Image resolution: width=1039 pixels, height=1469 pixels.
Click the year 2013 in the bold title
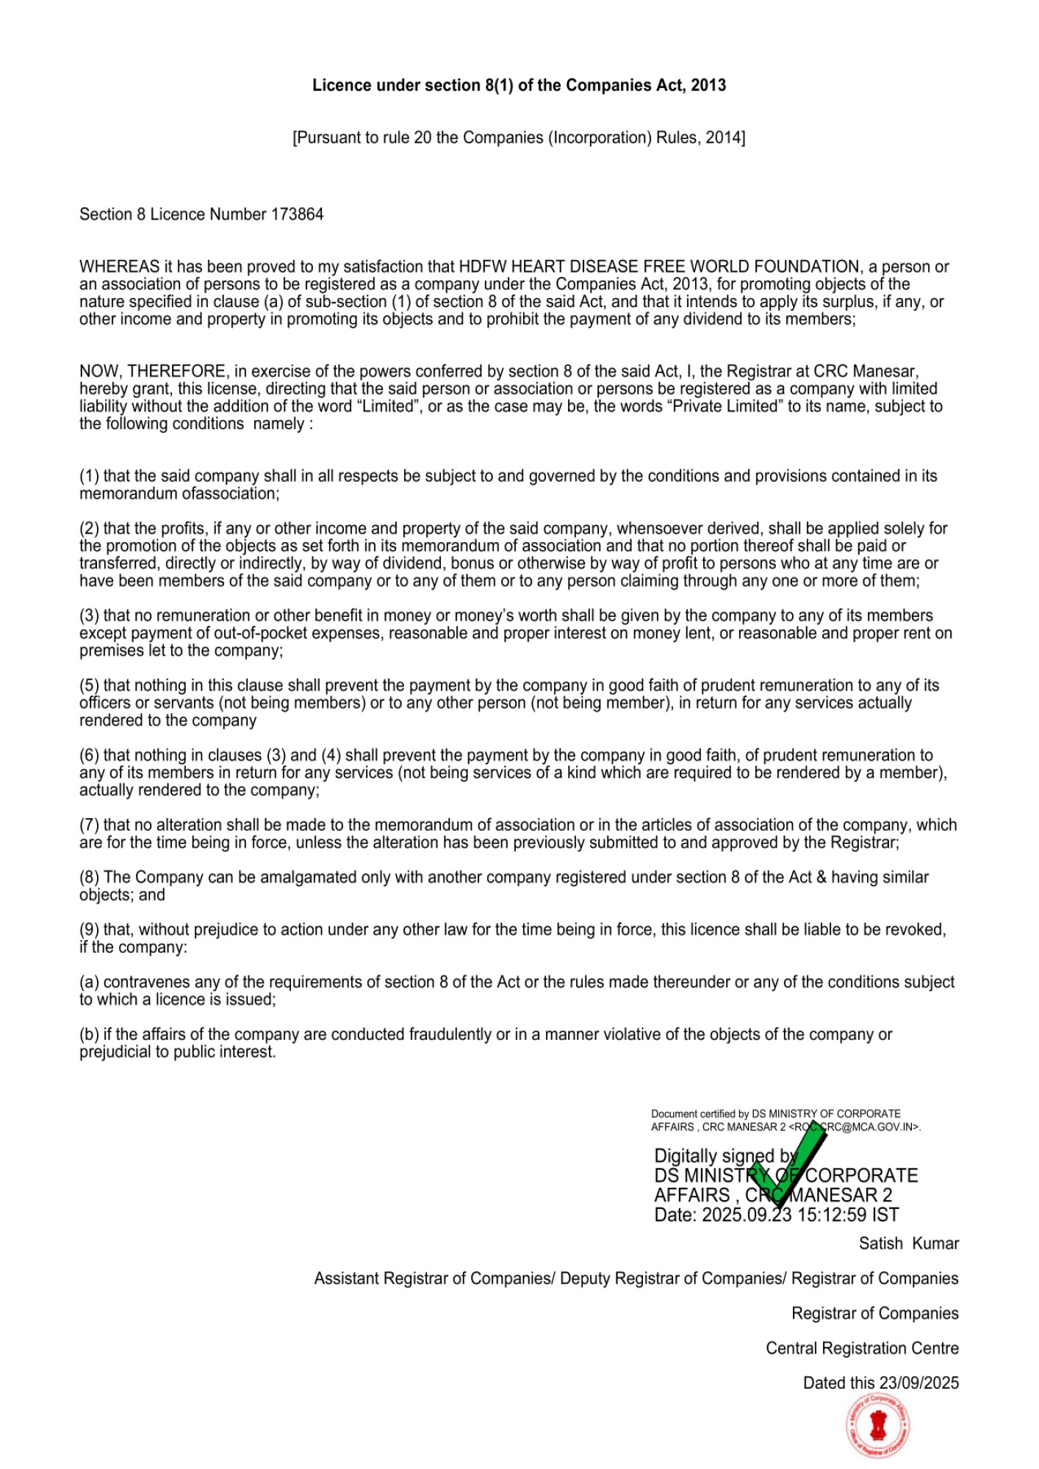[x=708, y=85]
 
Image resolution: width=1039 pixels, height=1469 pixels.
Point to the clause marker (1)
[x=89, y=476]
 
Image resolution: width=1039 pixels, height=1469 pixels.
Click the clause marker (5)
[x=89, y=685]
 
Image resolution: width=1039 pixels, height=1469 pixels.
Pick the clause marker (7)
[x=89, y=825]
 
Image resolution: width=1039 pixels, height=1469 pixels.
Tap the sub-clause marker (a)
[x=89, y=982]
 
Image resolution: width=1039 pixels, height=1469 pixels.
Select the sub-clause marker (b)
[x=89, y=1034]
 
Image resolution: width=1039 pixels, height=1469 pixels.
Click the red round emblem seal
[x=877, y=1426]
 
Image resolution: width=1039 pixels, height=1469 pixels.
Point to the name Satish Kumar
[x=908, y=1244]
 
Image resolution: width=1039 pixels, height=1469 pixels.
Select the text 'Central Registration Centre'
[x=862, y=1348]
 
